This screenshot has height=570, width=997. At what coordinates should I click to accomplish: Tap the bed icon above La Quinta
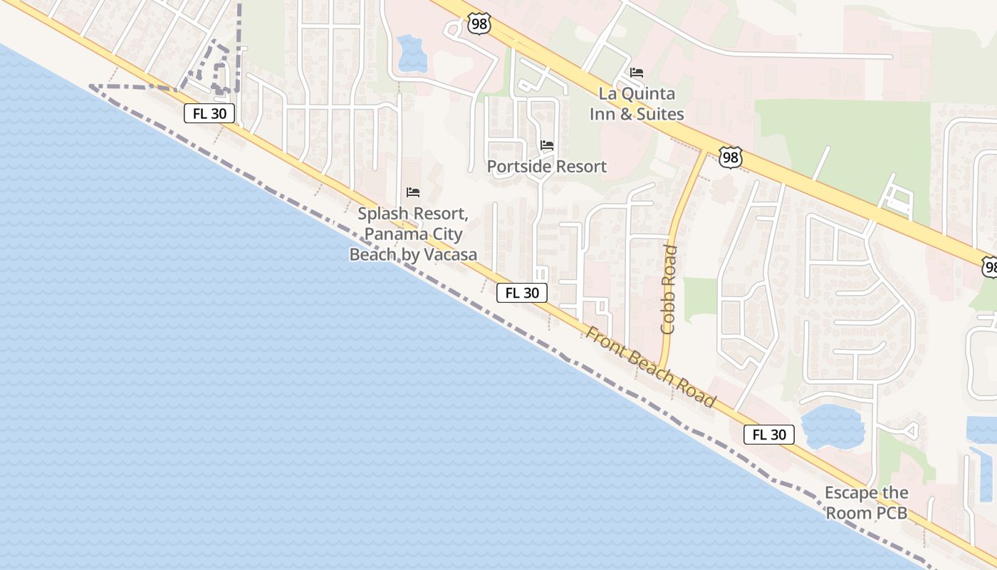click(x=637, y=73)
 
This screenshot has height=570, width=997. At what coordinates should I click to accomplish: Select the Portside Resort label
click(x=547, y=167)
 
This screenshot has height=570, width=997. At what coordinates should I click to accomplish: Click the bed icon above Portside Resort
click(x=547, y=145)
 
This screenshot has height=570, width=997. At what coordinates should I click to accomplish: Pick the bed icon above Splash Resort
click(x=413, y=192)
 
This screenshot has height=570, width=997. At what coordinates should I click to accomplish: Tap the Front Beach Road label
click(x=650, y=368)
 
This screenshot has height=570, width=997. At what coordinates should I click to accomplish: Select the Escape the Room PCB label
click(x=866, y=502)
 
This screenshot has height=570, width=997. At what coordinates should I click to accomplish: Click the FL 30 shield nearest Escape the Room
click(x=769, y=435)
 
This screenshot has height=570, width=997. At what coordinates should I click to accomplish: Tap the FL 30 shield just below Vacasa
click(x=522, y=293)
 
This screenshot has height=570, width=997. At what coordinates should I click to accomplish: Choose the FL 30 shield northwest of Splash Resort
click(x=209, y=113)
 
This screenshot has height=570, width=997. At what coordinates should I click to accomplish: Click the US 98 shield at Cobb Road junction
click(x=730, y=157)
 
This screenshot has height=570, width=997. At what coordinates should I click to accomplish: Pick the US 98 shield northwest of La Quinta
click(x=479, y=24)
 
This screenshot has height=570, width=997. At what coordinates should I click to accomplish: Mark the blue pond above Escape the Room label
click(x=832, y=426)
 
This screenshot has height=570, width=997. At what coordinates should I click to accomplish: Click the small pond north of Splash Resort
click(x=412, y=54)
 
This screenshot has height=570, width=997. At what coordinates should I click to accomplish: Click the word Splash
click(x=385, y=214)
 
